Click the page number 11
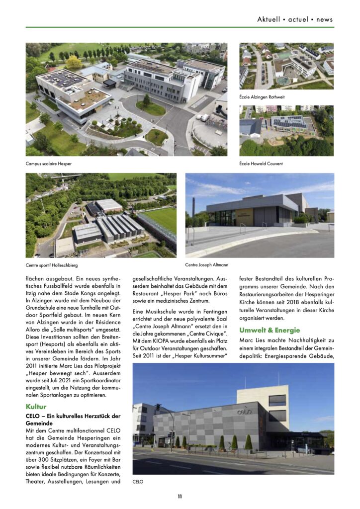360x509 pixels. tap(180, 496)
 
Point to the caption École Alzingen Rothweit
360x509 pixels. tap(262, 97)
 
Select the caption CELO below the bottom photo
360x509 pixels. tap(138, 482)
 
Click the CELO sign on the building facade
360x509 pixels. tap(244, 412)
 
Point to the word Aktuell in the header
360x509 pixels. tap(269, 19)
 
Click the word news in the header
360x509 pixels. tap(324, 19)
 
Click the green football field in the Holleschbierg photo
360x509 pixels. tap(162, 219)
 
